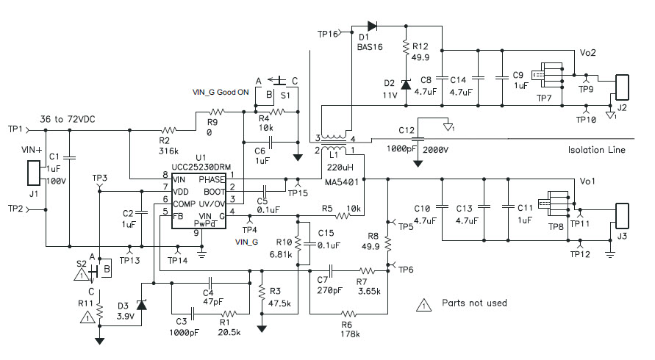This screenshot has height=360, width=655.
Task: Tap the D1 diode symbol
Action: pyautogui.click(x=371, y=26)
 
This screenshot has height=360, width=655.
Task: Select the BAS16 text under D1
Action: pyautogui.click(x=370, y=46)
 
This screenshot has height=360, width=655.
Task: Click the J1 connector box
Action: pyautogui.click(x=32, y=173)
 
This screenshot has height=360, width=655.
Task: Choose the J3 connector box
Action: pyautogui.click(x=623, y=218)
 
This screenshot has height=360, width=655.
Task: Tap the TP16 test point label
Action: pyautogui.click(x=328, y=34)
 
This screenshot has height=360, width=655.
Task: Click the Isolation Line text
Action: pyautogui.click(x=596, y=150)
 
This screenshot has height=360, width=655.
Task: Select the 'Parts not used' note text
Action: pyautogui.click(x=474, y=303)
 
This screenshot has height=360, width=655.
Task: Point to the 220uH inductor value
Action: pyautogui.click(x=337, y=167)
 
